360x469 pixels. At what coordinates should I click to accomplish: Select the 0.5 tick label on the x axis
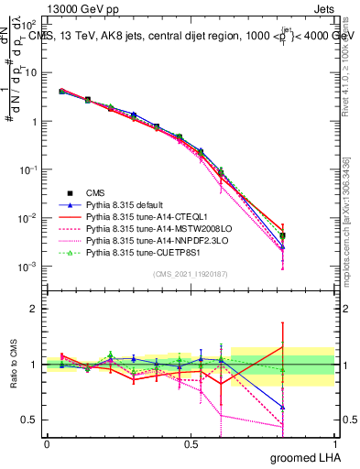191,443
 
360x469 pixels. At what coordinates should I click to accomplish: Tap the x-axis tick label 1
334,443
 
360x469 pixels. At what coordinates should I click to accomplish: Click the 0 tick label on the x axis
47,443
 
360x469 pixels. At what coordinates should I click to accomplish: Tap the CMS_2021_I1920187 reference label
191,274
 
